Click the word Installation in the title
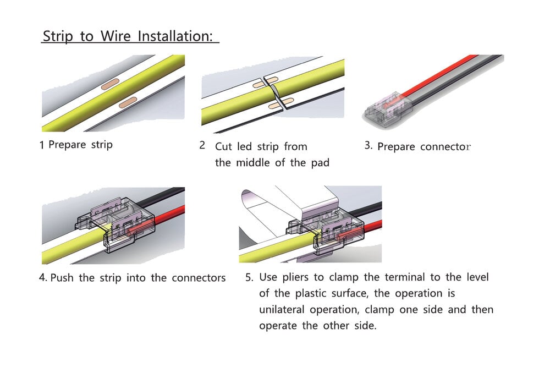point(175,36)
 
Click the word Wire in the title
point(116,36)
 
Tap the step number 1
point(42,146)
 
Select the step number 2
point(202,146)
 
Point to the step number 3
point(368,146)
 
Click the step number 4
point(43,278)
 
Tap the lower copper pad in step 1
point(128,101)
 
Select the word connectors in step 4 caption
point(199,278)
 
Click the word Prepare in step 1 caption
point(68,145)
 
